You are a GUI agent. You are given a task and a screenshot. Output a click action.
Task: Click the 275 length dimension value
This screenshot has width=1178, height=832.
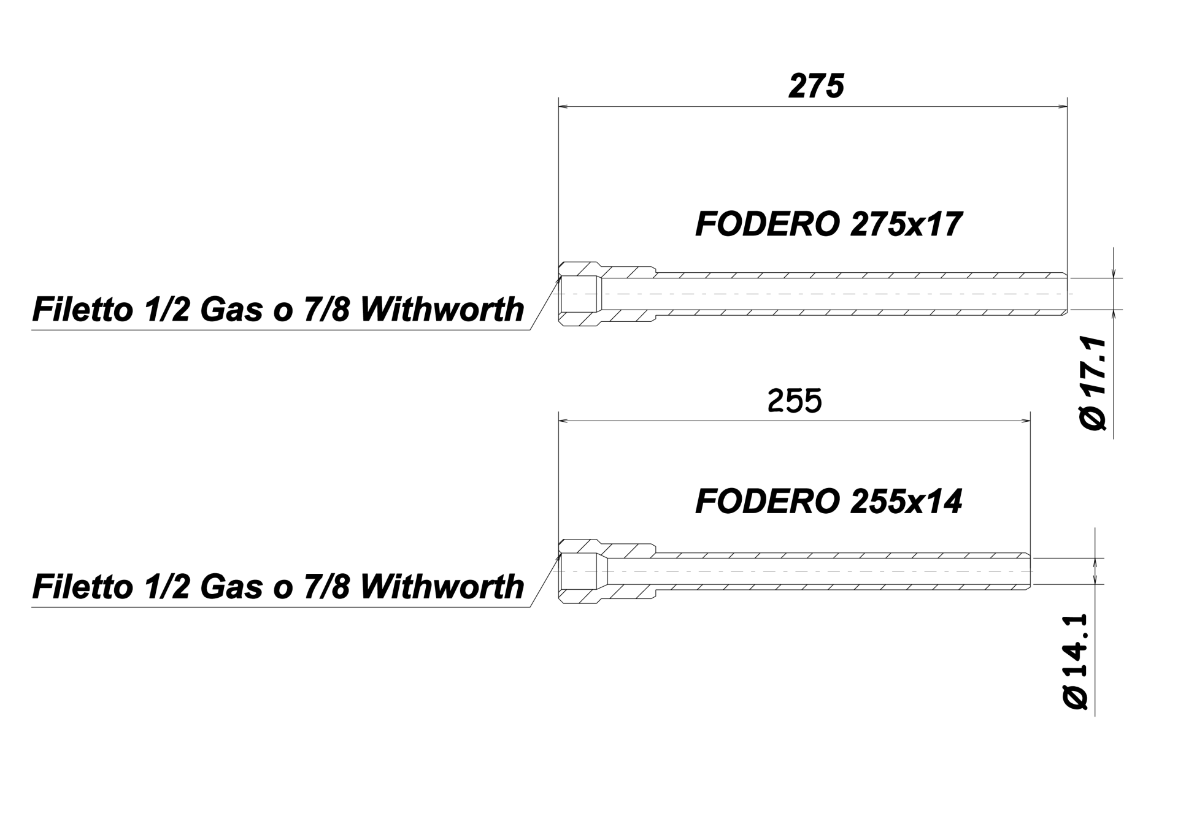tap(816, 86)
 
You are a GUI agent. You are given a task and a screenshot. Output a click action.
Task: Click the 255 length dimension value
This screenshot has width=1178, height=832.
tap(795, 402)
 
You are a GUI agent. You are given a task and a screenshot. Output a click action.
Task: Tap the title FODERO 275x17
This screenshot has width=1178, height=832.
tap(829, 224)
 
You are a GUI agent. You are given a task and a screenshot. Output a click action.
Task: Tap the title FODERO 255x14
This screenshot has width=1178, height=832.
tap(829, 502)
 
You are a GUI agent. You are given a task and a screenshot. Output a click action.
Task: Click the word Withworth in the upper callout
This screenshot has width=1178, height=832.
tap(442, 309)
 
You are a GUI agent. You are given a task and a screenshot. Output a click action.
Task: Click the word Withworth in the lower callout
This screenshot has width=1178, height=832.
tap(442, 586)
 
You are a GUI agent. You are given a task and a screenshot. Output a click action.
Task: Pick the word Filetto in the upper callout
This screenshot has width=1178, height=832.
tap(82, 309)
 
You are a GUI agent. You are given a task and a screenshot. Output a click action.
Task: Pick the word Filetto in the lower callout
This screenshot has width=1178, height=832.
tap(82, 586)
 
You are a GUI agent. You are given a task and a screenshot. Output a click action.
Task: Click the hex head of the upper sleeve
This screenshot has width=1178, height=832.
tap(579, 293)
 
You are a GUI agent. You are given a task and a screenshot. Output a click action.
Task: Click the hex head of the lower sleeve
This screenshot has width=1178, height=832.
tap(579, 570)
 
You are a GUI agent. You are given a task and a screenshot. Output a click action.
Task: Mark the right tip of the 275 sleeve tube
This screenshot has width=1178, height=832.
tap(1068, 294)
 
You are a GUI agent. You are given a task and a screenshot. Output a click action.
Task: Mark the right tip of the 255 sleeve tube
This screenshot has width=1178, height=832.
tap(1031, 571)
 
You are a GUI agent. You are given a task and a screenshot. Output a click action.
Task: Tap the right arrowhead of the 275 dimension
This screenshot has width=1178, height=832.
tap(1060, 107)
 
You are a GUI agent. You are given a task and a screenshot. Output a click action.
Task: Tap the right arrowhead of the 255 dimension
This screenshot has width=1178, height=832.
tap(1023, 421)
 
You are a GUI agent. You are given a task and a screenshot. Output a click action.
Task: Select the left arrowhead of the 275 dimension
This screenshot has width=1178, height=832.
tap(566, 107)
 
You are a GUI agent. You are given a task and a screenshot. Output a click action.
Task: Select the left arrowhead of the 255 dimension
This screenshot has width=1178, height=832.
tap(566, 421)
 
